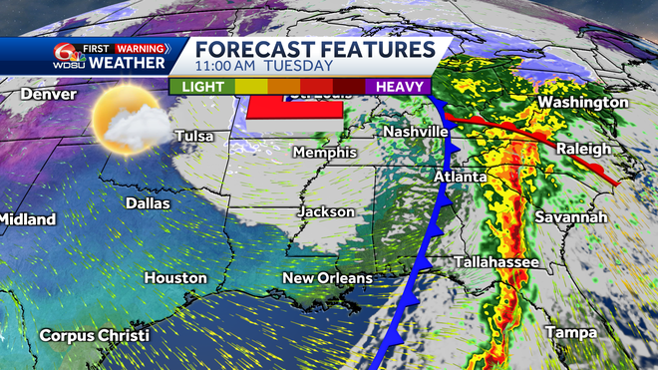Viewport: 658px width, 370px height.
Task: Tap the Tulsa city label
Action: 195,136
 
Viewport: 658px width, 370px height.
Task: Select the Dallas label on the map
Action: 149,202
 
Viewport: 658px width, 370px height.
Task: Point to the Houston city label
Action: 175,278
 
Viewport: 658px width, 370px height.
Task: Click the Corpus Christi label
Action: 94,335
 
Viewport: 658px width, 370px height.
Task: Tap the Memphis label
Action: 325,153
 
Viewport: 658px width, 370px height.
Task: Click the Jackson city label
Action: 327,212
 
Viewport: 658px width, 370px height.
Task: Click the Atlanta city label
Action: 460,177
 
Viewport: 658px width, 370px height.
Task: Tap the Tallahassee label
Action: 496,261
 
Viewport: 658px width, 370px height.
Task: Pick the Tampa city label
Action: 571,332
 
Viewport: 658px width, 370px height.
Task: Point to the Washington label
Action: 583,103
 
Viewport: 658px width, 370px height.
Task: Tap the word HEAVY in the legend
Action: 401,87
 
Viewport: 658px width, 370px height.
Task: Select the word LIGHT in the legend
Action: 202,87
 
